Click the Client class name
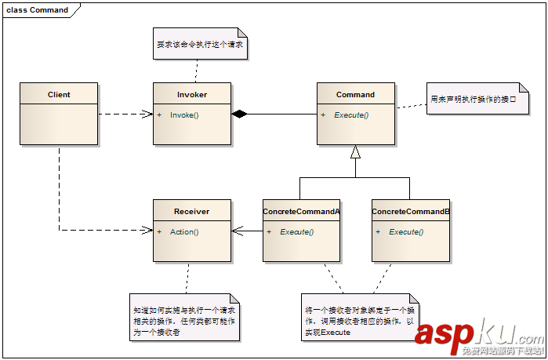coord(59,95)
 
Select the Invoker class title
coord(192,95)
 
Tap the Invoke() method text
coord(185,115)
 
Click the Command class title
coord(355,95)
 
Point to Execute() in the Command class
coord(351,115)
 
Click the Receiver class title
coord(192,212)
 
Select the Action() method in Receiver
coord(184,232)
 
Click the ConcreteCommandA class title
coord(301,212)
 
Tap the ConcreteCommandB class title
coord(410,212)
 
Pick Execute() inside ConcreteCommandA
coord(296,232)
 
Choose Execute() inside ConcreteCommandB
coord(406,232)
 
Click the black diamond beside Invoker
coord(239,115)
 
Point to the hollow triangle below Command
coord(355,151)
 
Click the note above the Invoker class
coord(200,45)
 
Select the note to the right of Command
coord(473,100)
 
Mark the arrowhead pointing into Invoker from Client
coord(148,115)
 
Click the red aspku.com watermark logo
coord(478,333)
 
